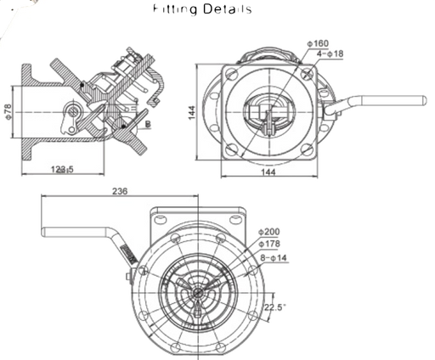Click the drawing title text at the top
[x=205, y=10]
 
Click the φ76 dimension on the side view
[x=8, y=110]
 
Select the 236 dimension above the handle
[x=120, y=192]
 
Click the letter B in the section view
[x=150, y=124]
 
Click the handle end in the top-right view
[x=416, y=99]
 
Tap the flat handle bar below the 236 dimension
[x=76, y=210]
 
